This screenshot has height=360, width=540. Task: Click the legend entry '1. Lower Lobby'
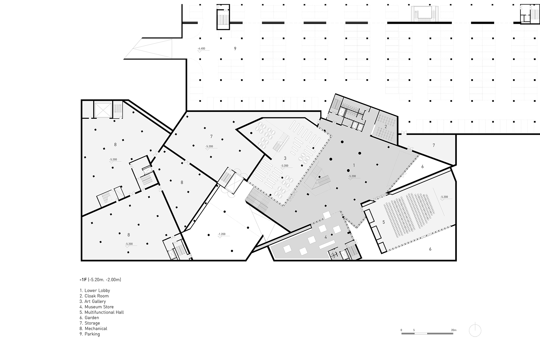click(95, 290)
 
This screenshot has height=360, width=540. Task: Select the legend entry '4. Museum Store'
click(97, 307)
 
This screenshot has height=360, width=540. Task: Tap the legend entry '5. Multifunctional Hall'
click(102, 312)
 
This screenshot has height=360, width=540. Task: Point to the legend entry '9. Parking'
click(90, 334)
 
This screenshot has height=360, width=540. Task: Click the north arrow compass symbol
click(475, 331)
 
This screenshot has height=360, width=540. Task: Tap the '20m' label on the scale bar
click(454, 330)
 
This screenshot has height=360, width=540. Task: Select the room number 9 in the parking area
click(235, 48)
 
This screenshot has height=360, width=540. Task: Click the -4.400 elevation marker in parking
click(201, 49)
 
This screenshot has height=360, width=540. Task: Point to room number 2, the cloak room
click(386, 127)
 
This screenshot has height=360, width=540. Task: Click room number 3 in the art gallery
click(285, 158)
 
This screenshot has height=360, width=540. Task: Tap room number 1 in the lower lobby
click(354, 165)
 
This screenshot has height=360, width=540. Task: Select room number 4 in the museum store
click(325, 237)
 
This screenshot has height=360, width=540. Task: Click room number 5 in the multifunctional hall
click(383, 222)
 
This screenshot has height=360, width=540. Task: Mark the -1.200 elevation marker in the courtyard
click(222, 234)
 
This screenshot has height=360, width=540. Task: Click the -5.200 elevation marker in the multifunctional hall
click(444, 197)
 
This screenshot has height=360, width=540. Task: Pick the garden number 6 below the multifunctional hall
click(430, 249)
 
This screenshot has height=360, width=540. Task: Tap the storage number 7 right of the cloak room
click(433, 145)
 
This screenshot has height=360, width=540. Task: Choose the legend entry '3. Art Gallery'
click(93, 301)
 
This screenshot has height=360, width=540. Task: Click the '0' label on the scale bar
click(401, 330)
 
